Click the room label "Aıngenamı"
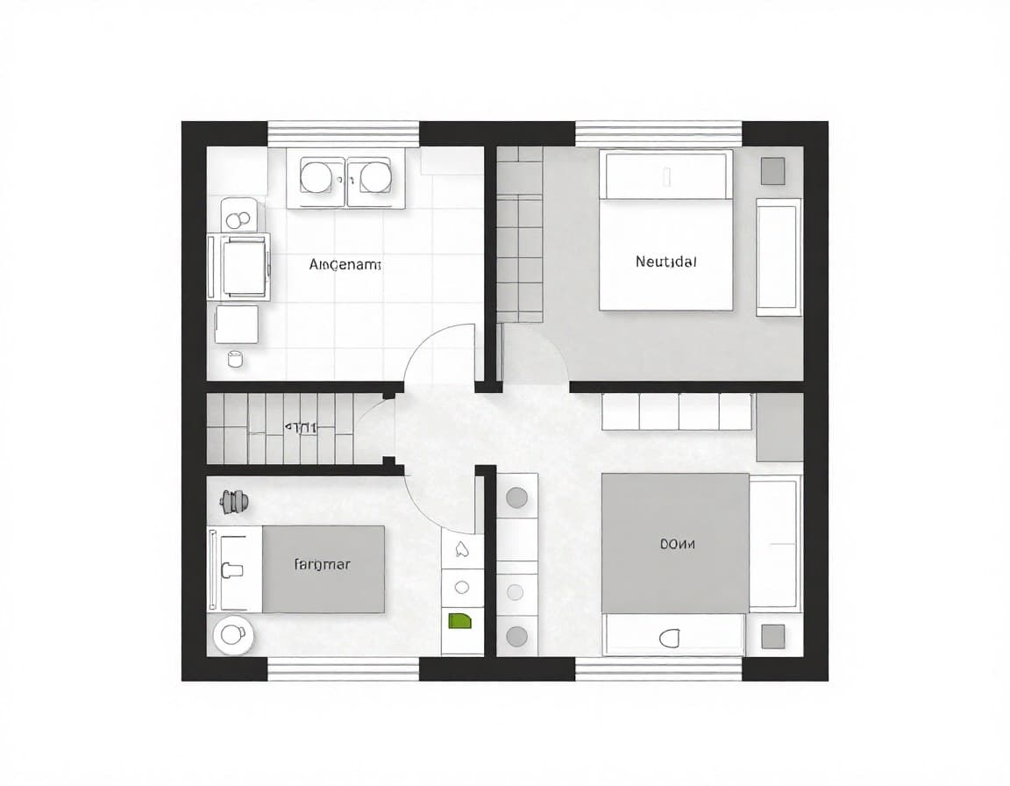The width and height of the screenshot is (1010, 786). click(x=345, y=263)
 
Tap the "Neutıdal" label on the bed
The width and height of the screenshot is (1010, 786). click(x=665, y=261)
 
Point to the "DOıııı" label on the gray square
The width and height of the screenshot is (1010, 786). click(x=676, y=544)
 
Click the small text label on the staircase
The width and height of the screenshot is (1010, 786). click(x=301, y=428)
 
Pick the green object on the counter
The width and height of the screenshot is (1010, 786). click(x=459, y=622)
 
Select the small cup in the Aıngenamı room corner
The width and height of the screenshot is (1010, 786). click(x=234, y=357)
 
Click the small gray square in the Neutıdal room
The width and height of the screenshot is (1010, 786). click(x=772, y=171)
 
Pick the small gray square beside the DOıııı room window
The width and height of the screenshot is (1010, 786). click(x=772, y=636)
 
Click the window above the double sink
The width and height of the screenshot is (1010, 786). click(x=343, y=133)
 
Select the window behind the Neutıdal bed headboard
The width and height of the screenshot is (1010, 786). click(x=658, y=133)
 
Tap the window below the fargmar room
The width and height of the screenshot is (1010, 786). click(x=343, y=668)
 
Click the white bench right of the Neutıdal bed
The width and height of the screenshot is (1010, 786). click(x=779, y=257)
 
